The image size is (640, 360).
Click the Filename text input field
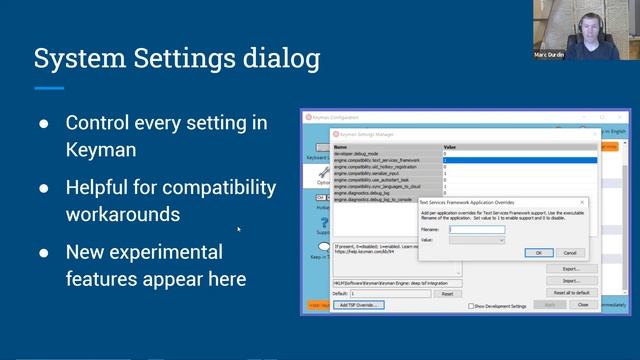point(477,230)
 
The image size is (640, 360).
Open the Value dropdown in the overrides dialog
point(477,240)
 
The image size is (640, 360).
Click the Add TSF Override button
point(358,304)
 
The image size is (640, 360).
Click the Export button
point(571,268)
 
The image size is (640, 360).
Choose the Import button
point(571,280)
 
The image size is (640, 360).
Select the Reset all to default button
point(570,292)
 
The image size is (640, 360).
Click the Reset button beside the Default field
point(447,293)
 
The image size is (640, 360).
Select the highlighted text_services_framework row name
point(377,160)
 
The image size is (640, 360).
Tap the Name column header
point(341,147)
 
